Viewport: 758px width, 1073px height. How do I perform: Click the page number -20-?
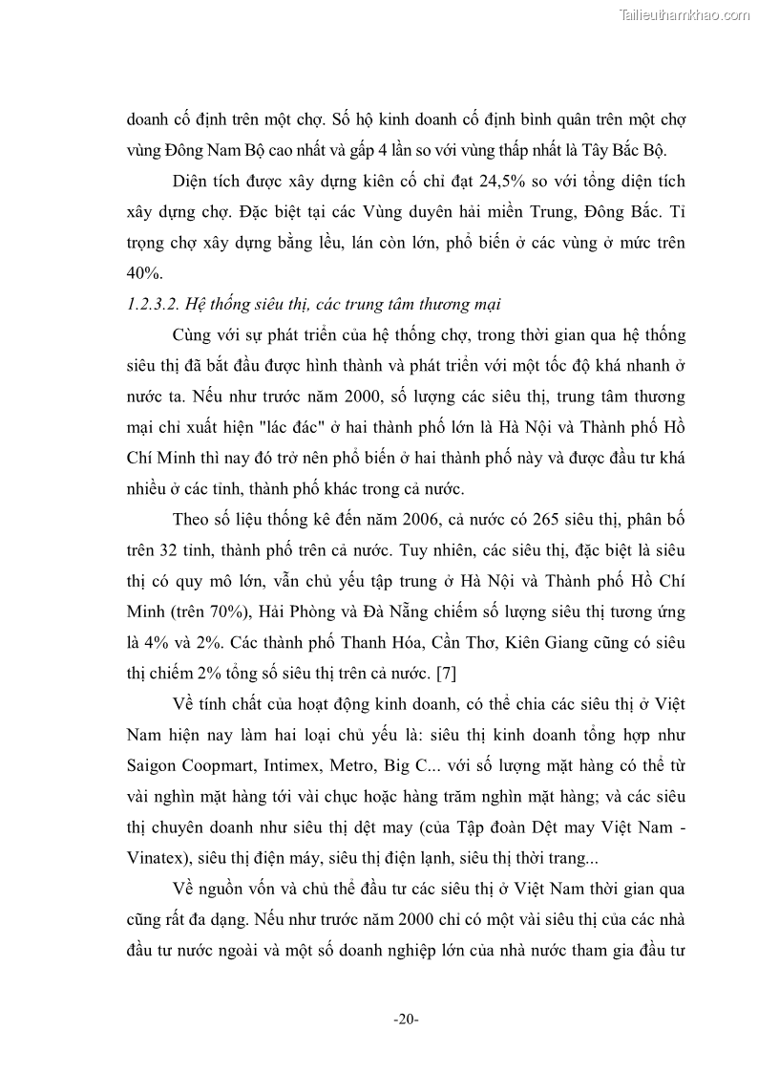406,1019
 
